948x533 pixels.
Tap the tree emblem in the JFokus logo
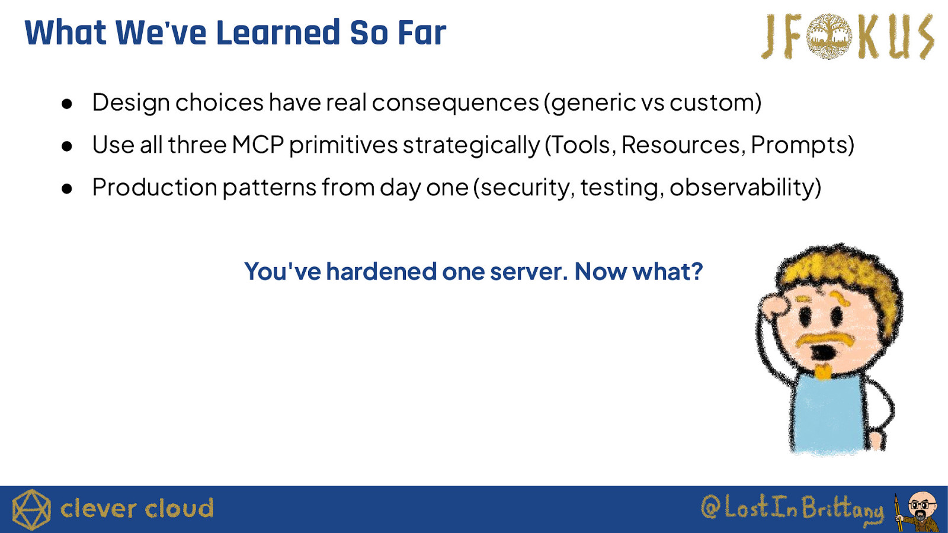point(829,36)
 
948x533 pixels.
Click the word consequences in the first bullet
point(456,102)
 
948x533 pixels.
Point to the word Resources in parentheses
point(684,145)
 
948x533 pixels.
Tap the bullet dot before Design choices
point(67,104)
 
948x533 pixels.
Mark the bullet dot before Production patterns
point(67,189)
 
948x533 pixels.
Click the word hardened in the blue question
point(382,271)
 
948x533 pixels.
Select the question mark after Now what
point(696,271)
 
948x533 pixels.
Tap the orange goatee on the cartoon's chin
point(822,371)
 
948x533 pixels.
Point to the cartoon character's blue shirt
point(829,415)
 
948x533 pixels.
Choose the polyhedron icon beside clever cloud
point(31,509)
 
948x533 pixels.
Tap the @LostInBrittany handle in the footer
point(792,509)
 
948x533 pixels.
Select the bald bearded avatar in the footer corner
point(918,512)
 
